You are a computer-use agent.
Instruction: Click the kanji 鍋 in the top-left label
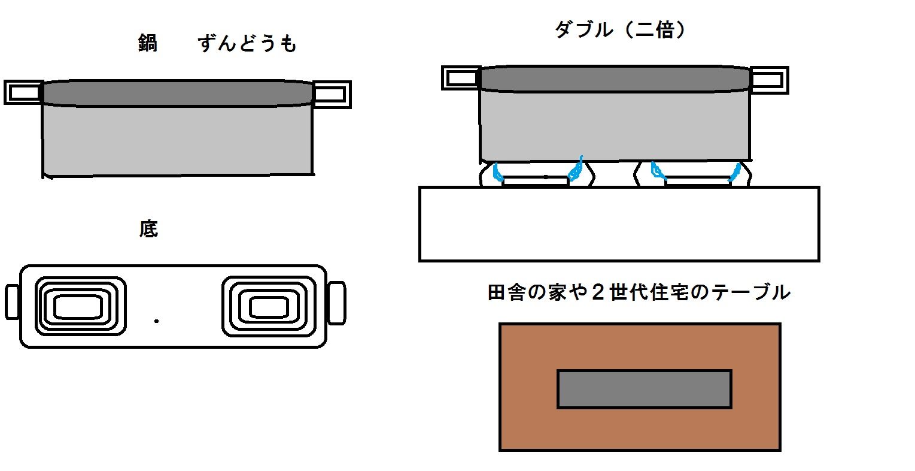click(147, 43)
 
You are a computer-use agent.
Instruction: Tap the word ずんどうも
click(247, 44)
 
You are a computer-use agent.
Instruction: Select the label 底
click(148, 229)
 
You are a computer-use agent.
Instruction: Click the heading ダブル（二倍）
click(619, 30)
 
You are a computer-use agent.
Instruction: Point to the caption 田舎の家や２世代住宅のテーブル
click(639, 292)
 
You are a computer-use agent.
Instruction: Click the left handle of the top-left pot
click(23, 92)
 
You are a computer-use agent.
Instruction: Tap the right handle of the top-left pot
click(332, 95)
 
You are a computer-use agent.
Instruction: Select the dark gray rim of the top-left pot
click(178, 93)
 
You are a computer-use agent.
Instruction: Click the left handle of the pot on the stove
click(461, 78)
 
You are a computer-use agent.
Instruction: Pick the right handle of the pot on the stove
click(769, 80)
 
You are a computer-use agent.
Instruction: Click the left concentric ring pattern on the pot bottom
click(80, 306)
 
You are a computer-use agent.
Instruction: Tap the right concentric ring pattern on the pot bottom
click(269, 306)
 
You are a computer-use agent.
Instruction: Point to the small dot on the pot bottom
click(156, 321)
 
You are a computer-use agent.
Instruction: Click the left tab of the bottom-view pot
click(12, 301)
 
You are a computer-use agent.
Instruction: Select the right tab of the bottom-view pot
click(337, 303)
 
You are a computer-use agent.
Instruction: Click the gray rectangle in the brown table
click(645, 389)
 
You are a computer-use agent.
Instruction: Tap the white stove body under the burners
click(619, 224)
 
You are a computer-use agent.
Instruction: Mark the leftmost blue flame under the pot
click(497, 172)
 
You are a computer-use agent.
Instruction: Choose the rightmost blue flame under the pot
click(735, 173)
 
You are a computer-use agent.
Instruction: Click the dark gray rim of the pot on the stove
click(615, 78)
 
